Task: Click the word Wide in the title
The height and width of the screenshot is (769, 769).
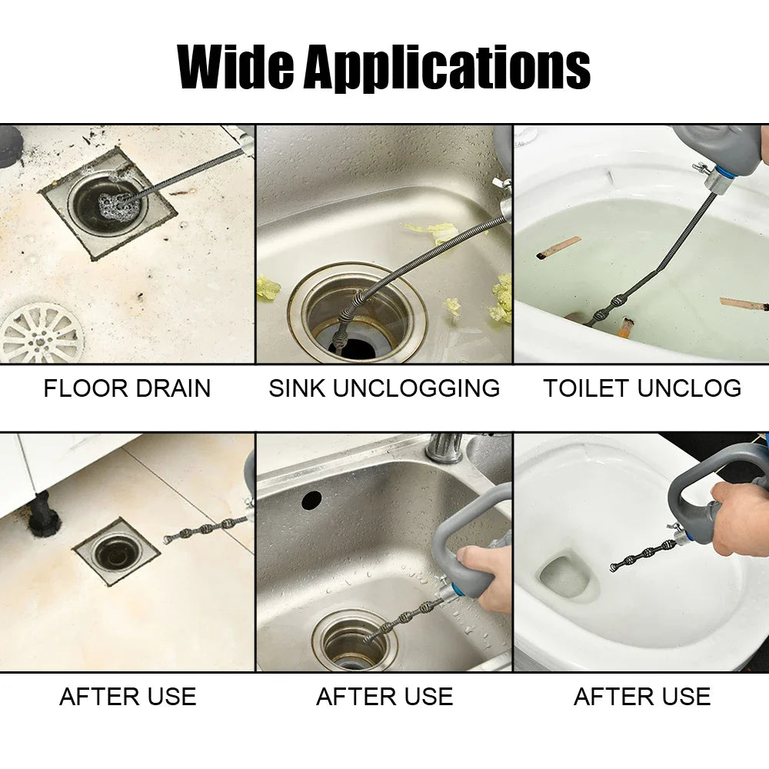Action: [x=235, y=68]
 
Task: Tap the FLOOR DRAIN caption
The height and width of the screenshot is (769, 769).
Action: [x=127, y=388]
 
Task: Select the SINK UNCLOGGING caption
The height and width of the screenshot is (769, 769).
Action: [x=384, y=388]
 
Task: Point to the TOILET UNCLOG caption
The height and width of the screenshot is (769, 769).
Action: [x=642, y=388]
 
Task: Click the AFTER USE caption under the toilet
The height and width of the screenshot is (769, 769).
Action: [x=642, y=697]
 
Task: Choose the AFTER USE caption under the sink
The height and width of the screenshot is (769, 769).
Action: [x=384, y=697]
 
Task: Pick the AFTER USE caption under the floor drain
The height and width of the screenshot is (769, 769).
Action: [x=128, y=697]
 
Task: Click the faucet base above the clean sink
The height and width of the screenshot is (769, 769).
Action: [x=444, y=448]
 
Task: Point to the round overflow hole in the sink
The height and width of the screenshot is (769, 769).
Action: [x=311, y=500]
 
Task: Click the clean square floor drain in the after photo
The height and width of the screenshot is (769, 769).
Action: [x=116, y=551]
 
